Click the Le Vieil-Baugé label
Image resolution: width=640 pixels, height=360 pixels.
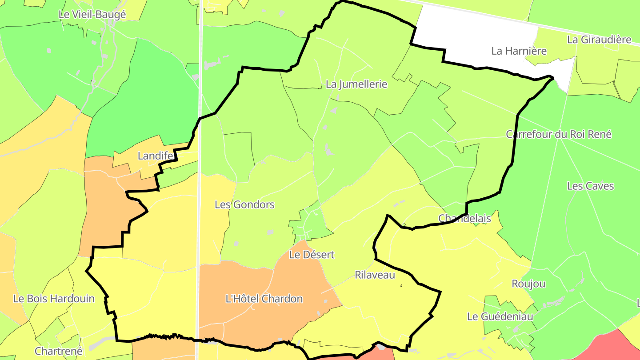click(92, 14)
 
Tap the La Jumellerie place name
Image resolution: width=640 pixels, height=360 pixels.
click(356, 84)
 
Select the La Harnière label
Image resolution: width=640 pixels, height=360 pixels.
click(519, 51)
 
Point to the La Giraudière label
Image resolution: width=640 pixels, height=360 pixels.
click(599, 40)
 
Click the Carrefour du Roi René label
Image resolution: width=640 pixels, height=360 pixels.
click(559, 134)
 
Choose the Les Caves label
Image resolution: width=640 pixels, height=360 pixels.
click(590, 186)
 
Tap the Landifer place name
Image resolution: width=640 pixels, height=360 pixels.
click(155, 156)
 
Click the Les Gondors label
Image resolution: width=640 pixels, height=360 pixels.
click(244, 205)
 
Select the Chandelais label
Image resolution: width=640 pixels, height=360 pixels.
click(464, 218)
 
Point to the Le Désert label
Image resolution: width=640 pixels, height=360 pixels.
click(312, 255)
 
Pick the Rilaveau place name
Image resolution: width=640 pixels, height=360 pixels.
click(375, 275)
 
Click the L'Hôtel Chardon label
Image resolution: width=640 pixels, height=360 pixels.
click(264, 299)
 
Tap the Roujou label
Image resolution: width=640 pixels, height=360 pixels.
click(528, 284)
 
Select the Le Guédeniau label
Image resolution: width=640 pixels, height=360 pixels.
click(500, 317)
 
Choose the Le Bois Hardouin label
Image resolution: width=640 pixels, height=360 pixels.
click(54, 299)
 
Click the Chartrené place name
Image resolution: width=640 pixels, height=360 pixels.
click(59, 351)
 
